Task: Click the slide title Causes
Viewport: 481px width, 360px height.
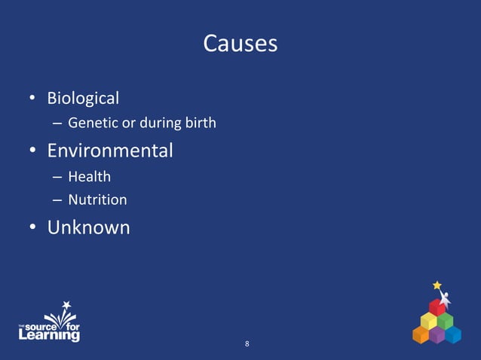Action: [x=240, y=44]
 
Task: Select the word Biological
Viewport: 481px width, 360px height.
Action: [x=83, y=98]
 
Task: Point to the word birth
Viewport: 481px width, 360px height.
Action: [x=201, y=123]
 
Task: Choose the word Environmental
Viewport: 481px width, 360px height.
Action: [x=110, y=151]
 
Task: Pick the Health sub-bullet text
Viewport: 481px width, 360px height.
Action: [x=89, y=177]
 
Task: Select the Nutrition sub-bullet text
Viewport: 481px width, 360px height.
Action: [x=97, y=200]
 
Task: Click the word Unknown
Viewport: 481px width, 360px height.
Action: [x=88, y=227]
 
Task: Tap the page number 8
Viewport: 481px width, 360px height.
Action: [x=247, y=344]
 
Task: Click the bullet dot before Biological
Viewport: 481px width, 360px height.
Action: [x=33, y=99]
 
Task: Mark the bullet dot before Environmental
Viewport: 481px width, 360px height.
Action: [x=33, y=151]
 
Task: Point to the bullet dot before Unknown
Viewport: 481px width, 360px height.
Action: [x=33, y=227]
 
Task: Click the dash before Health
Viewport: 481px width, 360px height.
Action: [x=57, y=178]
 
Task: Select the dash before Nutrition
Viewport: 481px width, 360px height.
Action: [x=57, y=201]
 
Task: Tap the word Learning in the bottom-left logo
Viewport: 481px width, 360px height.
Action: [x=49, y=336]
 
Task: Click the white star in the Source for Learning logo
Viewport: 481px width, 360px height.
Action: [x=66, y=305]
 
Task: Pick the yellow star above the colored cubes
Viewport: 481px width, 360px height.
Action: [x=437, y=285]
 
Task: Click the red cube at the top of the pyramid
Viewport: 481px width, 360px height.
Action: [x=437, y=307]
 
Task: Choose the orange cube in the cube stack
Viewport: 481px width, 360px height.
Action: [x=420, y=334]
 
